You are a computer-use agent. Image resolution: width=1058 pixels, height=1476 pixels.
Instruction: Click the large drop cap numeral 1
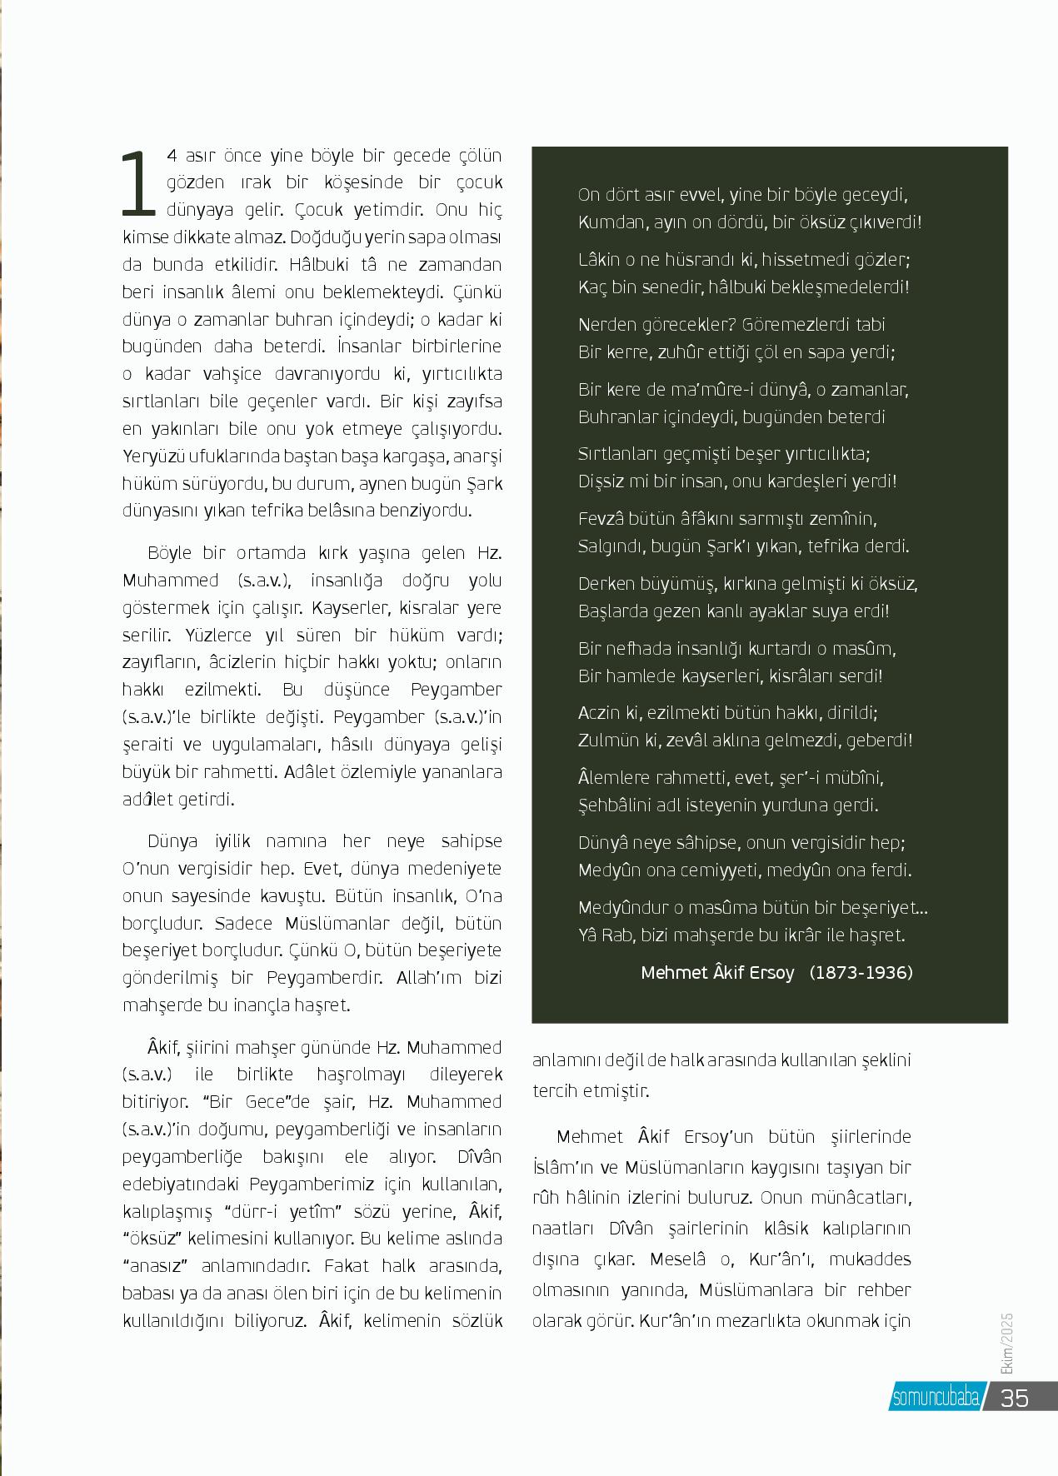coord(138,182)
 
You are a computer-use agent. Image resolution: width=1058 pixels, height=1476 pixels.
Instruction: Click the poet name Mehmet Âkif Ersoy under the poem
coord(717,972)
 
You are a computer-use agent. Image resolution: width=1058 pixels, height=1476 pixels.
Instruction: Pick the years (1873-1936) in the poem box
coord(861,972)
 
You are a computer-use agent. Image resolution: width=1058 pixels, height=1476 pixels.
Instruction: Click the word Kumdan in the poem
coord(605,222)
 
